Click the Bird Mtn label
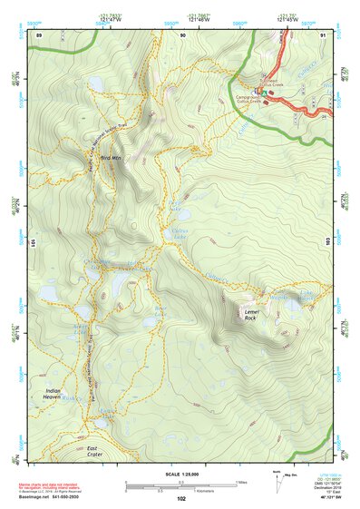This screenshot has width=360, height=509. tap(111, 158)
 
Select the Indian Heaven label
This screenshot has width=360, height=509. tap(56, 394)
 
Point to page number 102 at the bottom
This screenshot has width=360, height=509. tap(181, 498)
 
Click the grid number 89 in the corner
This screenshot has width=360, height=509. tap(39, 34)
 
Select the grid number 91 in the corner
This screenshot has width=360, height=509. tap(323, 34)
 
